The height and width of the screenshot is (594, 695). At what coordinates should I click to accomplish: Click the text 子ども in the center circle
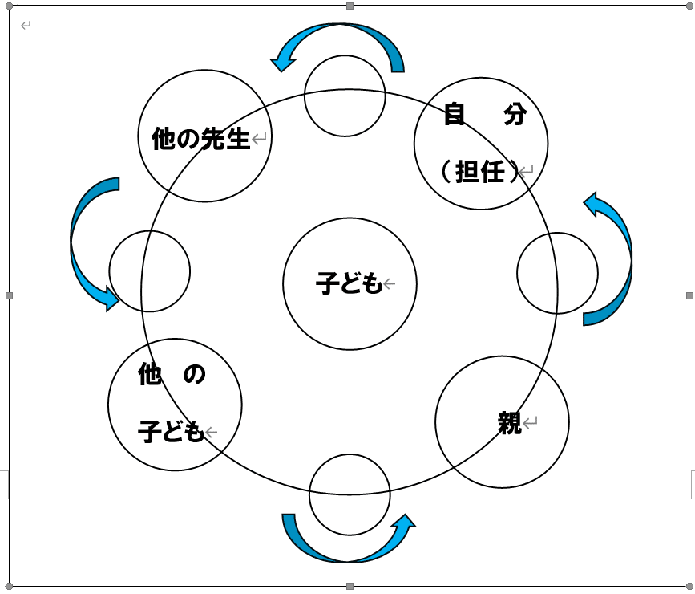(x=349, y=283)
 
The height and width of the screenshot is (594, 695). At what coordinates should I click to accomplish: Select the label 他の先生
(x=201, y=140)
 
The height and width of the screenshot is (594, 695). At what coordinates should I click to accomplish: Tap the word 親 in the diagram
(x=510, y=423)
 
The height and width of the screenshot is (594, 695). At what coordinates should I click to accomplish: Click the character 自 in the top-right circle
(x=455, y=116)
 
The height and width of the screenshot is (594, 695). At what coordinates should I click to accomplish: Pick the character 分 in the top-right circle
(x=515, y=116)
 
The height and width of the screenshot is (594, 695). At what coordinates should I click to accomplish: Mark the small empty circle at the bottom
(x=350, y=493)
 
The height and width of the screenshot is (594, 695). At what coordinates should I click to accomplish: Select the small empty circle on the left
(x=149, y=271)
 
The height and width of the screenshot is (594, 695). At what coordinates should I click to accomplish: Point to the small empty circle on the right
(x=558, y=273)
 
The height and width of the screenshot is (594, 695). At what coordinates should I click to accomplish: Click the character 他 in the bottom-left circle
(x=150, y=374)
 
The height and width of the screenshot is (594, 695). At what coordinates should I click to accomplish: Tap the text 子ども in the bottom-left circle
(x=172, y=432)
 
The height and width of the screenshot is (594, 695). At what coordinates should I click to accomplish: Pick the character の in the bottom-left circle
(x=195, y=374)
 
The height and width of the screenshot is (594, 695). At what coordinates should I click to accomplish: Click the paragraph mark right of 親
(x=531, y=421)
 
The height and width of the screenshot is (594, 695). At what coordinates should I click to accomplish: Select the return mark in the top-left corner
(x=26, y=26)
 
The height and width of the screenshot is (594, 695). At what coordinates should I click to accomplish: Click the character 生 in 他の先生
(x=238, y=140)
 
